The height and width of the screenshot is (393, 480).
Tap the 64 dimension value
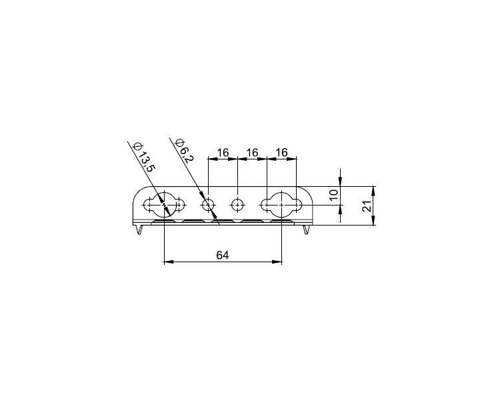pos(223,255)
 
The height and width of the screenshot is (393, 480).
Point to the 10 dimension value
pos(334,195)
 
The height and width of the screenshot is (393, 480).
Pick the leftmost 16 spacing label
pos(223,152)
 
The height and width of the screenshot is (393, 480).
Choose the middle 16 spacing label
pos(252,152)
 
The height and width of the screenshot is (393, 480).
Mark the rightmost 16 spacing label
pos(281,152)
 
